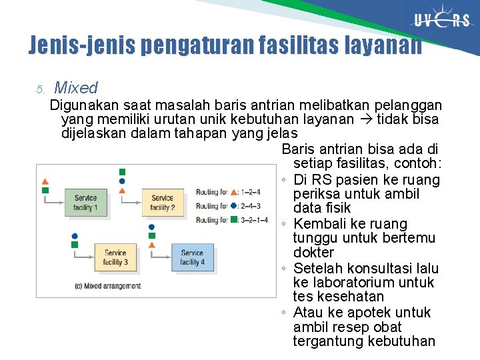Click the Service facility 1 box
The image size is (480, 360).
coord(85,203)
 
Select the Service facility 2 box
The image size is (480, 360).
coord(162,203)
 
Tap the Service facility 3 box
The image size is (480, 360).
coord(115,257)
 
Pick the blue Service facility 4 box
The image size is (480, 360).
coord(192,257)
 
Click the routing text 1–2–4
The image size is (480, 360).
coord(251,192)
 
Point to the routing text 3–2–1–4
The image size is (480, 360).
coord(254,219)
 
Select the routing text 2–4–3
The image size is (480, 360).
coord(251,206)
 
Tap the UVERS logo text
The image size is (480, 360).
coord(443,20)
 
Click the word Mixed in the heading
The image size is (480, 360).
coord(75,87)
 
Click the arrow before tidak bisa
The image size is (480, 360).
coord(366,119)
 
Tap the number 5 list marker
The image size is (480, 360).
coord(40,89)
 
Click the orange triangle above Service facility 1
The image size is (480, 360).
coord(45,181)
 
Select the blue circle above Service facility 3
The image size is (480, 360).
coord(75,236)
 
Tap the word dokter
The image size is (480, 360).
coord(313,253)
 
